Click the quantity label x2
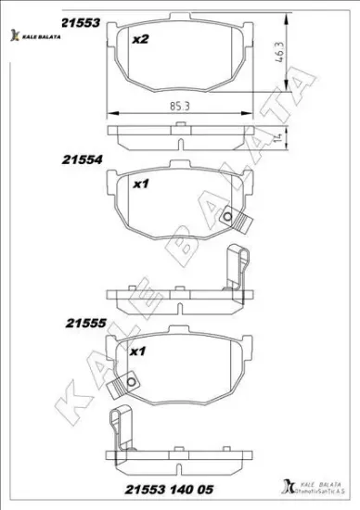point(140,39)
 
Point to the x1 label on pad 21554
point(141,185)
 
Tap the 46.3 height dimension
point(278,56)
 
